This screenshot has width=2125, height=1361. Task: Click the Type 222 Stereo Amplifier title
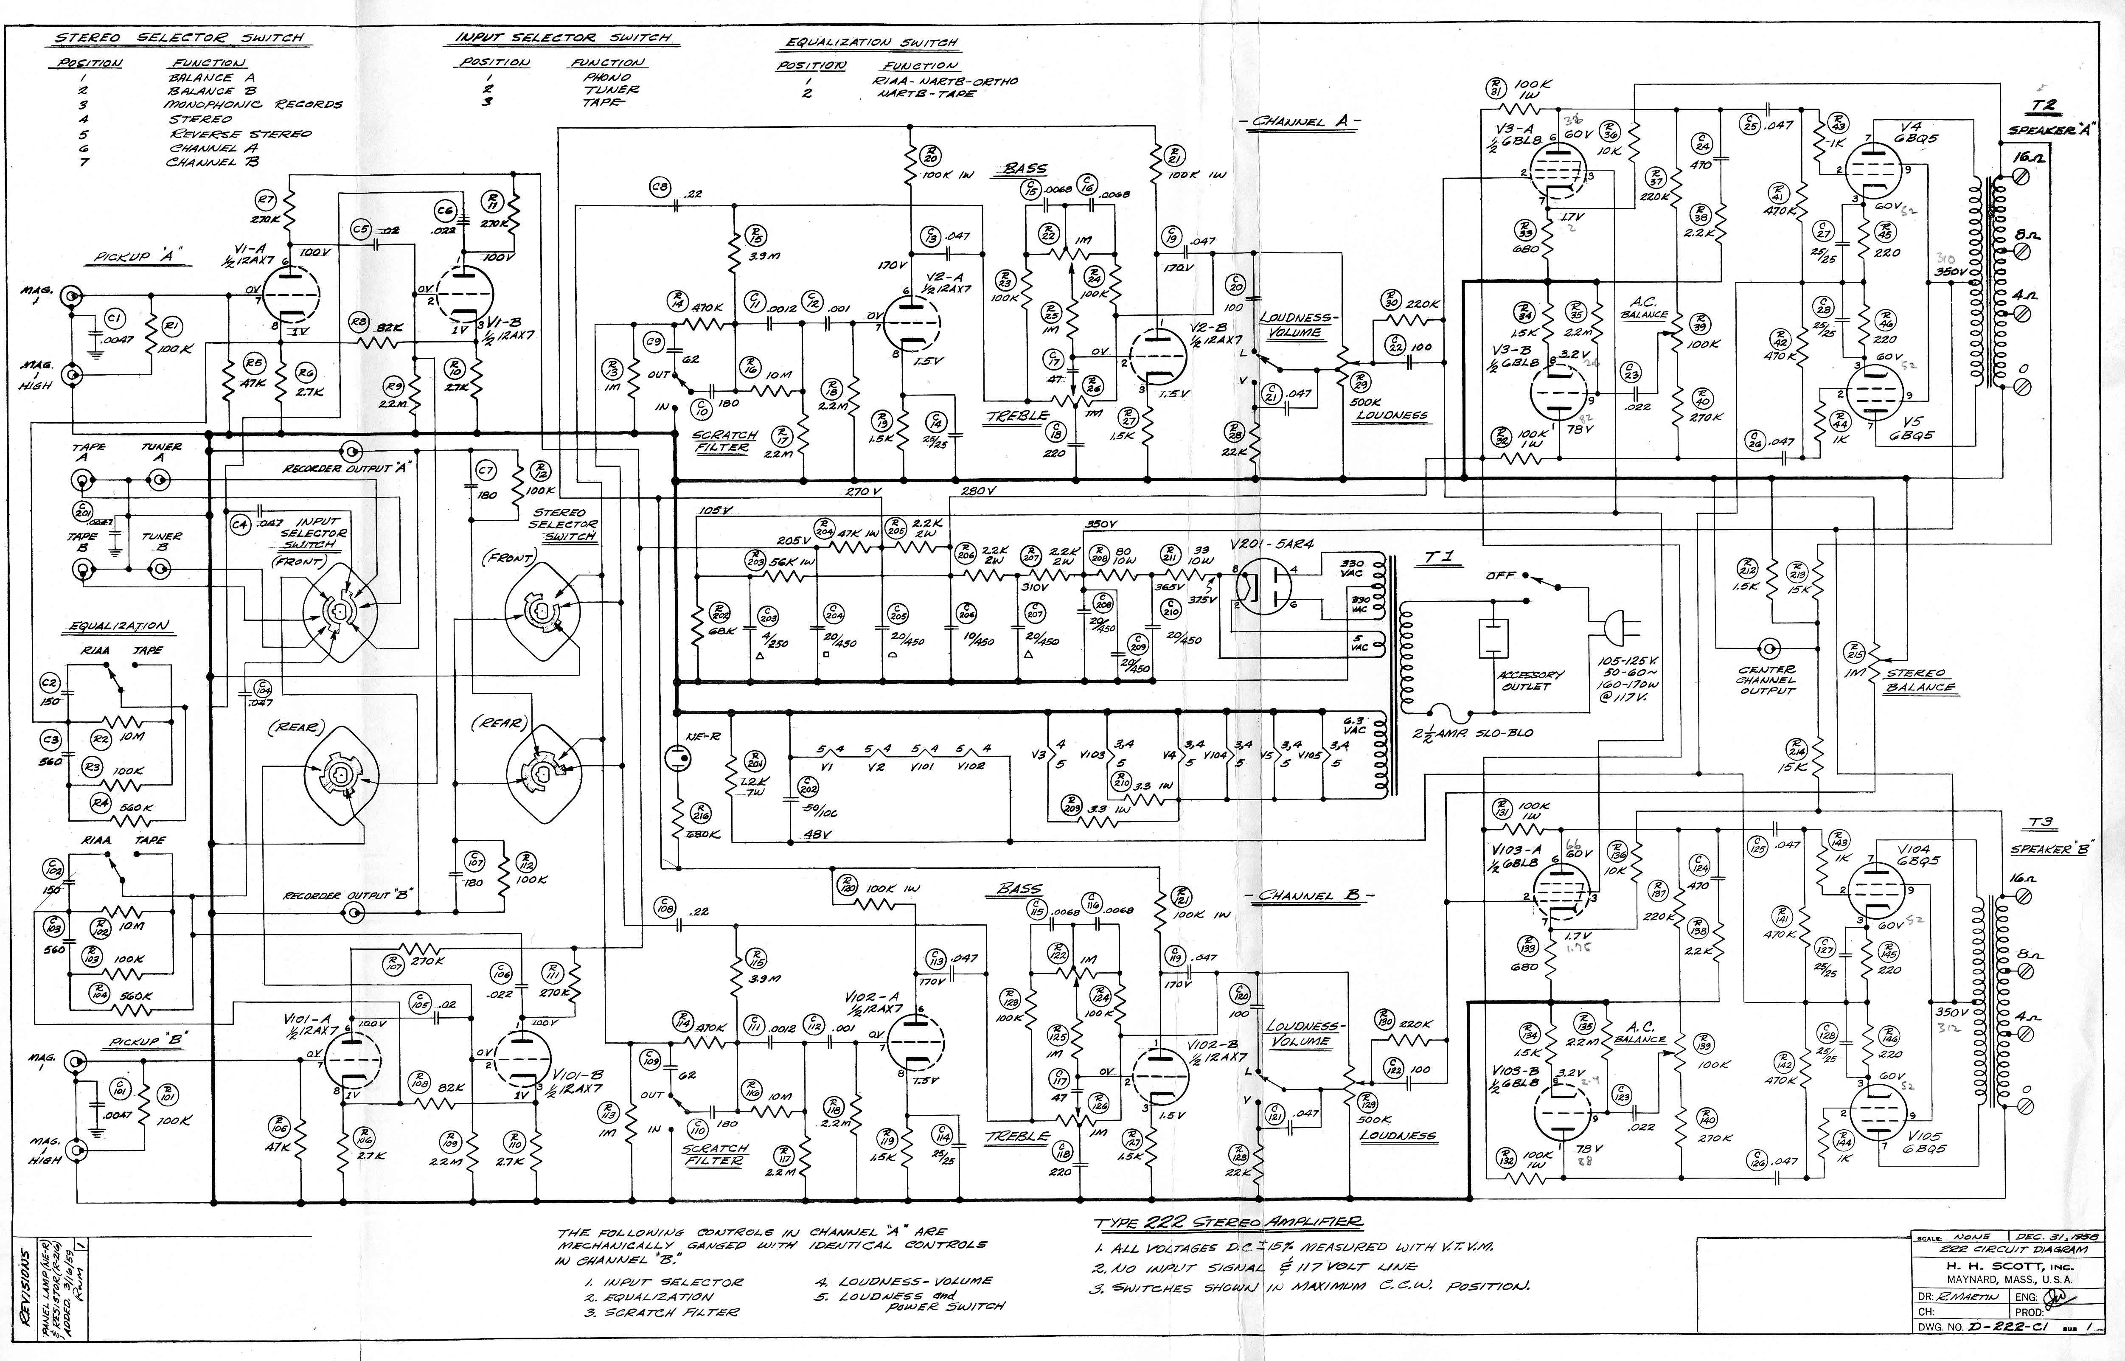pyautogui.click(x=1228, y=1223)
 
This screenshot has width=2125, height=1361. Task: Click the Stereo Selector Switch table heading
pyautogui.click(x=180, y=38)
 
